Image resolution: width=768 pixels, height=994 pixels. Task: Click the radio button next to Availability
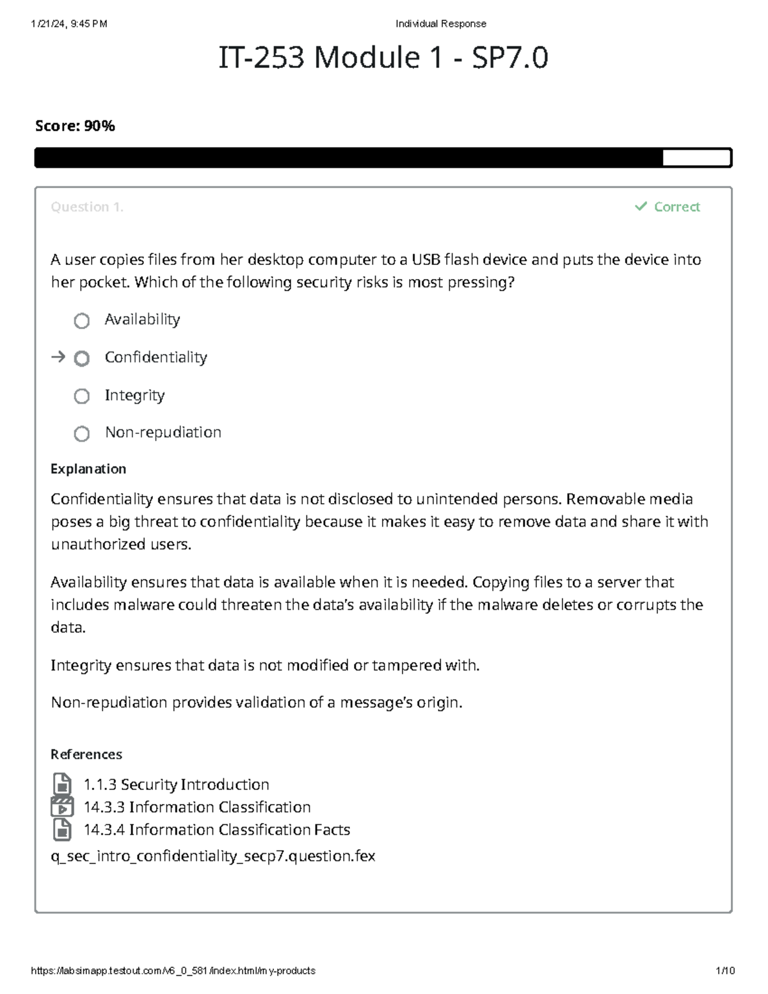tap(82, 321)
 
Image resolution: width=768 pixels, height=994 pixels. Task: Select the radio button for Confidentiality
tap(82, 358)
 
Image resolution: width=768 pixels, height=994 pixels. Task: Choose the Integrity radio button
tap(82, 396)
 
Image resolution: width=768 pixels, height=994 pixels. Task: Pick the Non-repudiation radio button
tap(82, 434)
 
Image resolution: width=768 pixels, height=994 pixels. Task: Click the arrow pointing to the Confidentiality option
tap(58, 357)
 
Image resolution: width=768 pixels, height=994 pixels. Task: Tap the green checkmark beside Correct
tap(641, 206)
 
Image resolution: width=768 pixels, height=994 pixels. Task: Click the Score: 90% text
tap(75, 126)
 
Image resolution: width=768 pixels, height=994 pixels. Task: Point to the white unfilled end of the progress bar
tap(696, 157)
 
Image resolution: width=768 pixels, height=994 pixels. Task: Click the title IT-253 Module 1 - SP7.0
tap(383, 58)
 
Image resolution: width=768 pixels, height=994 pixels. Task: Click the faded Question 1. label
tap(87, 207)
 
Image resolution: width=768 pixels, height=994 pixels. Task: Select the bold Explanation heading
tap(88, 469)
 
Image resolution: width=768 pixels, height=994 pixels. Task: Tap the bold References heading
tap(86, 754)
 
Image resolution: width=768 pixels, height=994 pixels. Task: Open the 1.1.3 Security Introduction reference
tap(176, 784)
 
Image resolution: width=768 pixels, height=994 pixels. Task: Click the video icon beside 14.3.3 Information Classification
tap(62, 807)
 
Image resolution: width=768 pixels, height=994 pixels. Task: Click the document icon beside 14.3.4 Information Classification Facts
tap(62, 830)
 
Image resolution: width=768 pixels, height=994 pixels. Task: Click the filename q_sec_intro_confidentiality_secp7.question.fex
tap(212, 856)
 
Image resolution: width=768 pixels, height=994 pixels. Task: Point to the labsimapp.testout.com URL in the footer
tap(173, 970)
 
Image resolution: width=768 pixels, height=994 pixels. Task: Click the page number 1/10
tap(725, 970)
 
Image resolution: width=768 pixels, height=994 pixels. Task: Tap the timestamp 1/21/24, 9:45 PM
tap(69, 24)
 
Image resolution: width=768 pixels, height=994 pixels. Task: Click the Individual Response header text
tap(440, 24)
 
